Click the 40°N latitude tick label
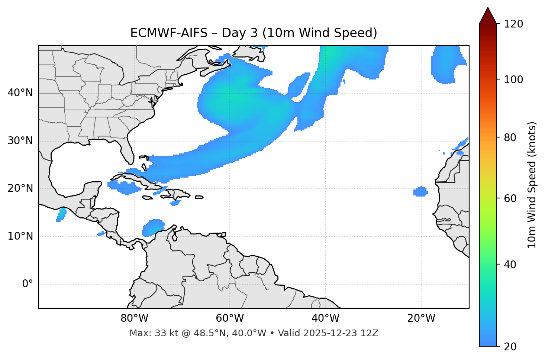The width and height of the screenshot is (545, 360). (x=20, y=93)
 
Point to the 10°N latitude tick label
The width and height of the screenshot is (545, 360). (x=20, y=236)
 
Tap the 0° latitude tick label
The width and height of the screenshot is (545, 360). (x=28, y=284)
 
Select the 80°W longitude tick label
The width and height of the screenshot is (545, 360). (x=134, y=318)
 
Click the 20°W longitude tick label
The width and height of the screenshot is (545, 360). (x=421, y=318)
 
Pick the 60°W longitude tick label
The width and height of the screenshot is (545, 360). (x=230, y=318)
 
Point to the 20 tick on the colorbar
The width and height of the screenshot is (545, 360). (x=510, y=346)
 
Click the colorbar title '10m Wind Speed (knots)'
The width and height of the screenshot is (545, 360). (x=532, y=185)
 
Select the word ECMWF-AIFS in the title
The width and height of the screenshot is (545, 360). (x=168, y=33)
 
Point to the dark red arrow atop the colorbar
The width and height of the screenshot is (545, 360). (x=488, y=16)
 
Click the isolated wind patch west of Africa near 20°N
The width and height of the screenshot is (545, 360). (x=420, y=192)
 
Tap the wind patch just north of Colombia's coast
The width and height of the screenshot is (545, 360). (x=153, y=227)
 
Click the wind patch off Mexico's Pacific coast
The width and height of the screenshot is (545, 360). (x=61, y=214)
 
